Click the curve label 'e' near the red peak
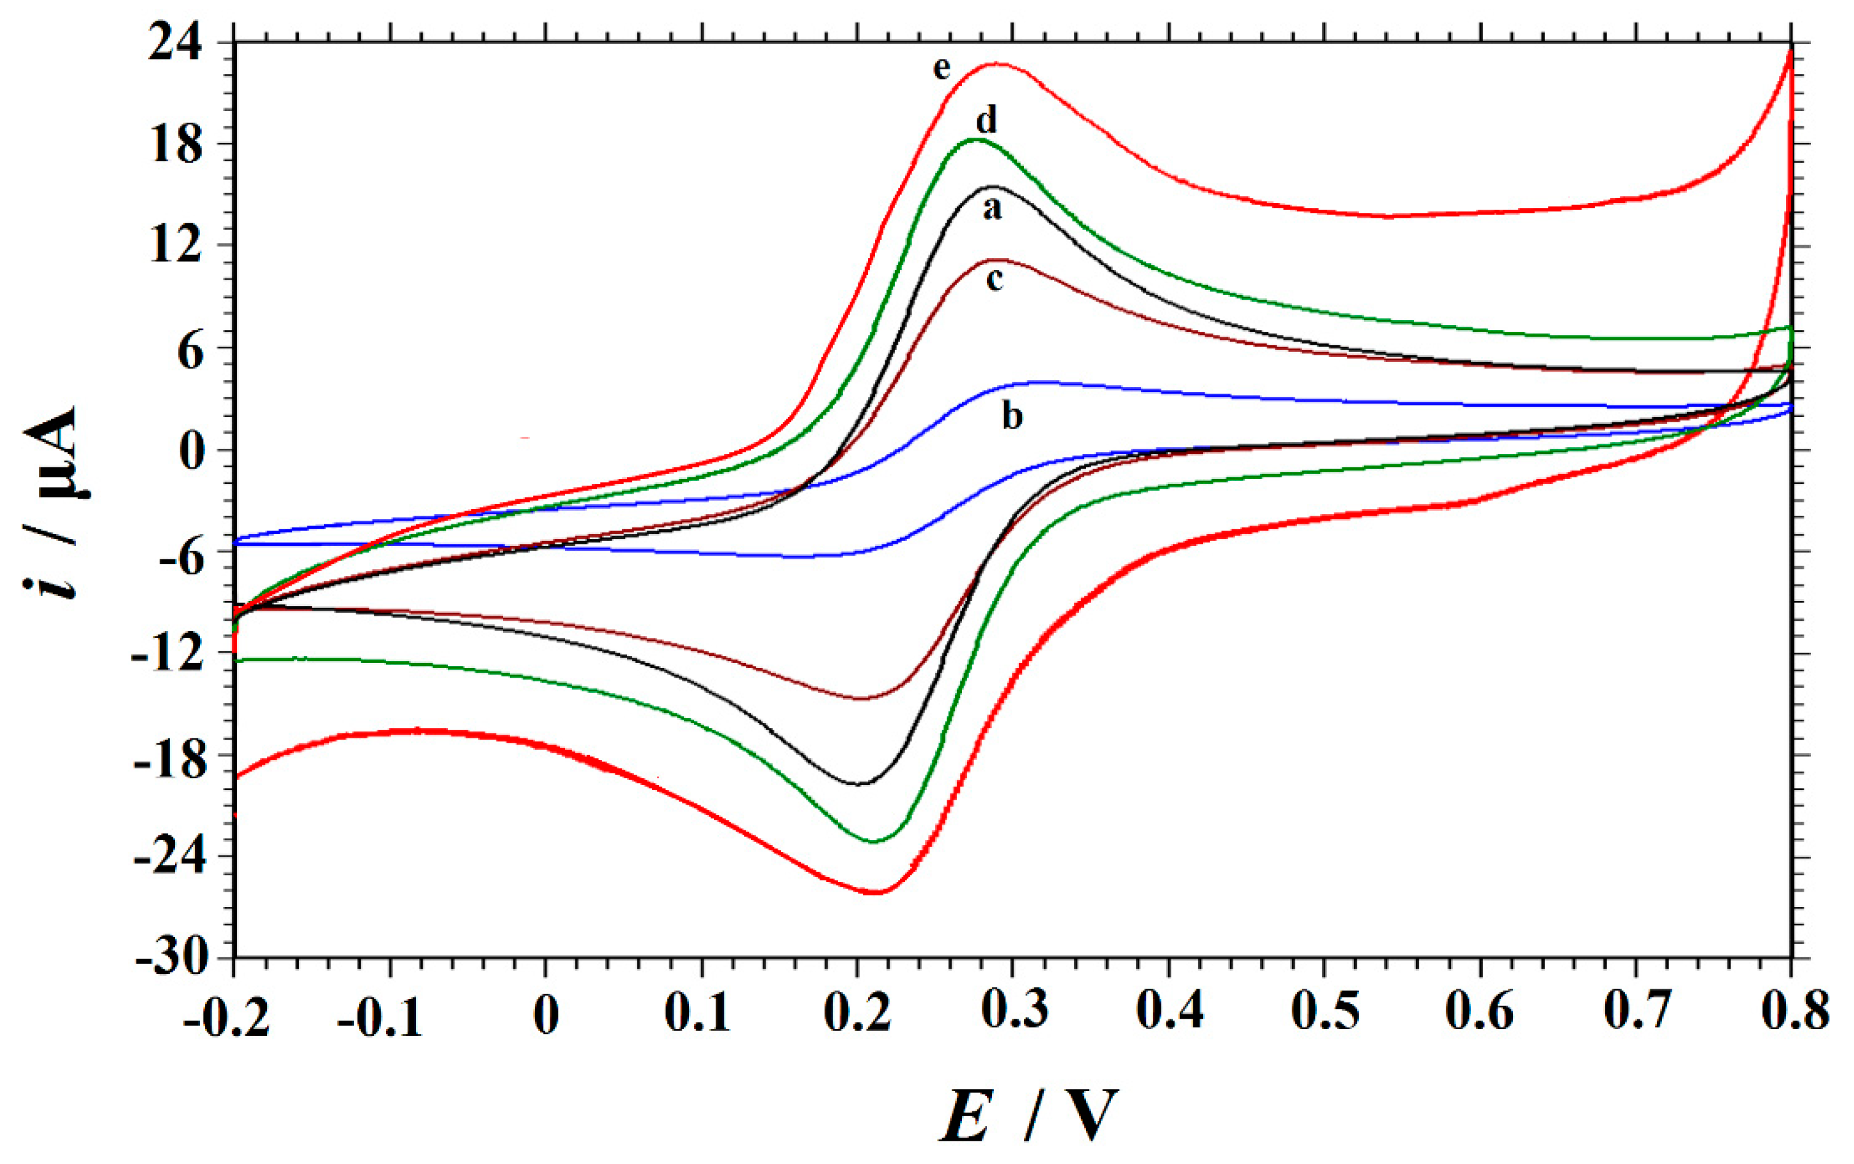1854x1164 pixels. pos(942,70)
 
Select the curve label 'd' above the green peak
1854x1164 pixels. pos(987,121)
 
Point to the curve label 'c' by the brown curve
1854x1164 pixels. pos(994,280)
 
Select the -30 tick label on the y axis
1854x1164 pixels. pos(171,959)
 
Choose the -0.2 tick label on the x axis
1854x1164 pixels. pos(226,1017)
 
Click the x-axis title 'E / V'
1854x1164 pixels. pos(1027,1116)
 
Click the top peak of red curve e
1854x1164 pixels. pos(998,64)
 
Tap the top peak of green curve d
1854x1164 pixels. pos(976,139)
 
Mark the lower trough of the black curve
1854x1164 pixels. pos(860,784)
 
